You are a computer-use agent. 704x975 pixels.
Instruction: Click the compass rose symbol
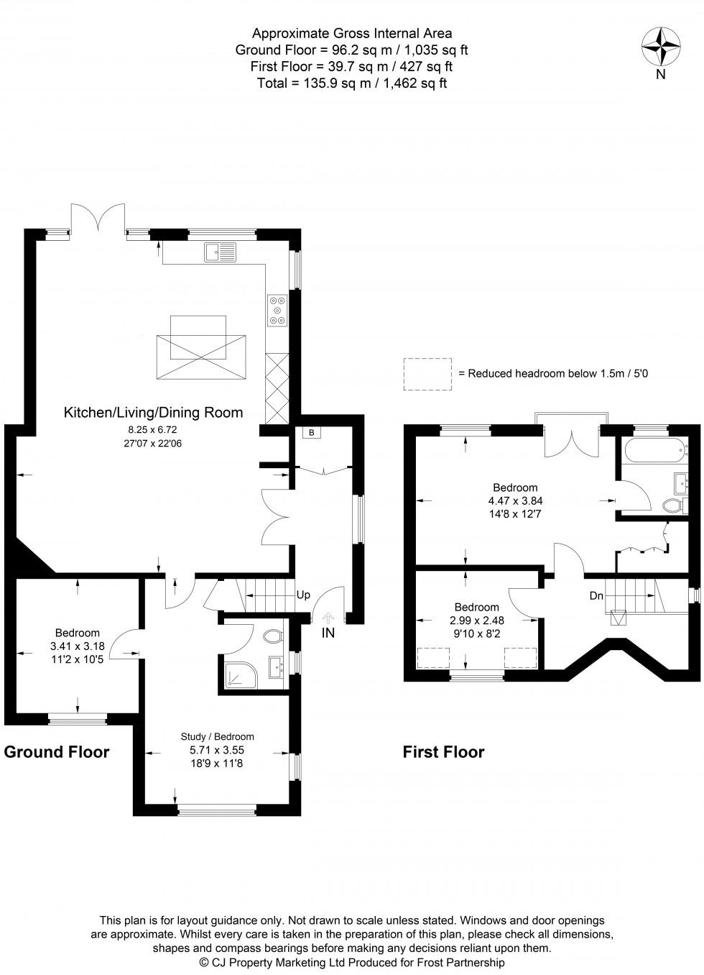pyautogui.click(x=660, y=47)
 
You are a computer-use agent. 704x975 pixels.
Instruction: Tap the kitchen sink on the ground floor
pyautogui.click(x=220, y=252)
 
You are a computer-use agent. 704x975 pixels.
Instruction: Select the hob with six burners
pyautogui.click(x=278, y=311)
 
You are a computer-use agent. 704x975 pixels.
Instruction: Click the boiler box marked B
pyautogui.click(x=311, y=433)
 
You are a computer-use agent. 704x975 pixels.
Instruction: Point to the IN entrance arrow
pyautogui.click(x=328, y=618)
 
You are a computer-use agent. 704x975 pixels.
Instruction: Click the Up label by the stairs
pyautogui.click(x=303, y=595)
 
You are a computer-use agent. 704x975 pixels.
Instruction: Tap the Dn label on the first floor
pyautogui.click(x=596, y=596)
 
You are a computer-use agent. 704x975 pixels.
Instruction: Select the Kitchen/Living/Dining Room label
pyautogui.click(x=153, y=412)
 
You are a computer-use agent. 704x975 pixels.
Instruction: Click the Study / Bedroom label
pyautogui.click(x=218, y=736)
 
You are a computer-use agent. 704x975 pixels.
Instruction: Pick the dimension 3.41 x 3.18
pyautogui.click(x=78, y=646)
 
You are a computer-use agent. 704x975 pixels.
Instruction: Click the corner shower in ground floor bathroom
pyautogui.click(x=241, y=677)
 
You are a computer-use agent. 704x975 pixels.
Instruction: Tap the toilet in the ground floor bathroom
pyautogui.click(x=274, y=636)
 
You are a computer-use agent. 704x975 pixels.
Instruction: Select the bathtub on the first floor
pyautogui.click(x=655, y=450)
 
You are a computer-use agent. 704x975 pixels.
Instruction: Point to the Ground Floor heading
pyautogui.click(x=57, y=752)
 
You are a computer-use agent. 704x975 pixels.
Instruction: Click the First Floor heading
pyautogui.click(x=443, y=752)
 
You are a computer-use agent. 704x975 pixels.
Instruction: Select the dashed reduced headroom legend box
pyautogui.click(x=427, y=374)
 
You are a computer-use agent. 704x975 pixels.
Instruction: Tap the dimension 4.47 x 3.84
pyautogui.click(x=515, y=501)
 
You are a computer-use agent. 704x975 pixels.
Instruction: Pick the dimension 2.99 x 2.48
pyautogui.click(x=476, y=621)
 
